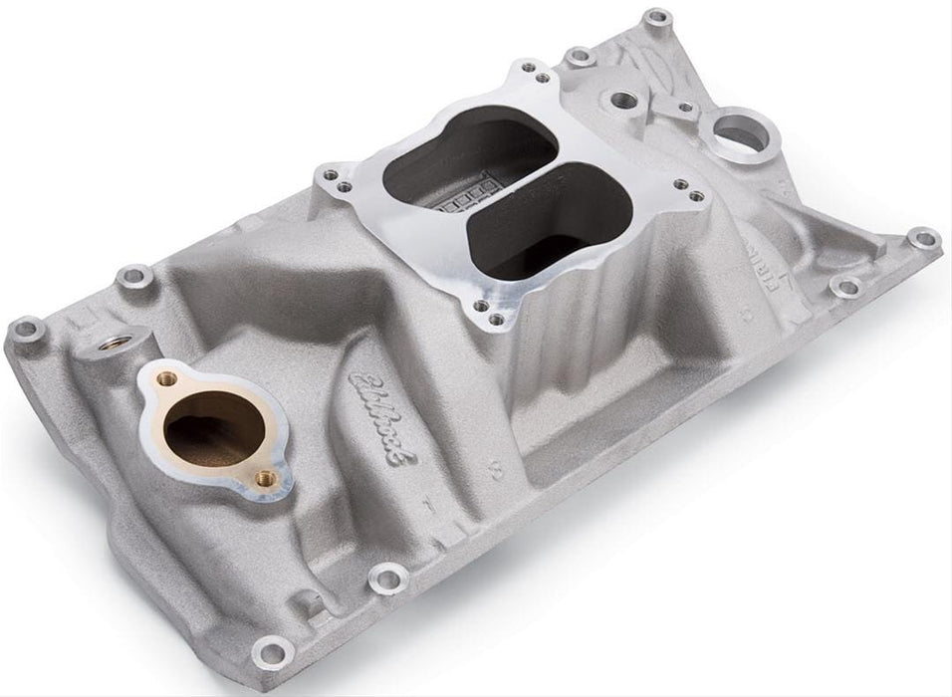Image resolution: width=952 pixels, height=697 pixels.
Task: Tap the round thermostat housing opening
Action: click(x=213, y=425)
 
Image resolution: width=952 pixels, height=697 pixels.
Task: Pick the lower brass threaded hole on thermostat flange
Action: click(x=264, y=479)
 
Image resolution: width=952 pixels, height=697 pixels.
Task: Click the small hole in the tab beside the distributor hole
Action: click(x=686, y=107)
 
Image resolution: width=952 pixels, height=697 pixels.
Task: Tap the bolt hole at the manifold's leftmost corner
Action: click(x=27, y=330)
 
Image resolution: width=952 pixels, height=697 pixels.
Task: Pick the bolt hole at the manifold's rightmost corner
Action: click(x=923, y=238)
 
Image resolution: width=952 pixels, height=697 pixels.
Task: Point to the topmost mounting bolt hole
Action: click(x=655, y=18)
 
